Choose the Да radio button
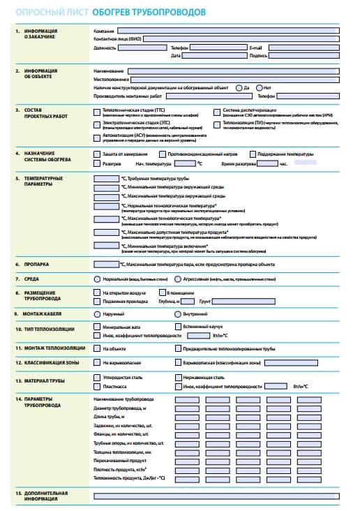(x=239, y=87)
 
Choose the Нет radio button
(x=260, y=87)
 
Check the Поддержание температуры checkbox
(x=252, y=154)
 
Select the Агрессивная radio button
(x=178, y=279)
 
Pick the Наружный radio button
(x=97, y=314)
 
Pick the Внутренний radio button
(x=178, y=314)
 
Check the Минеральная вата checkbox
(x=97, y=327)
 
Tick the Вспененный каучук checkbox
(x=178, y=327)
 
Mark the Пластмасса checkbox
(x=97, y=385)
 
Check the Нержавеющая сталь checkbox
(x=178, y=377)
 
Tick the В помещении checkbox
(x=178, y=293)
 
